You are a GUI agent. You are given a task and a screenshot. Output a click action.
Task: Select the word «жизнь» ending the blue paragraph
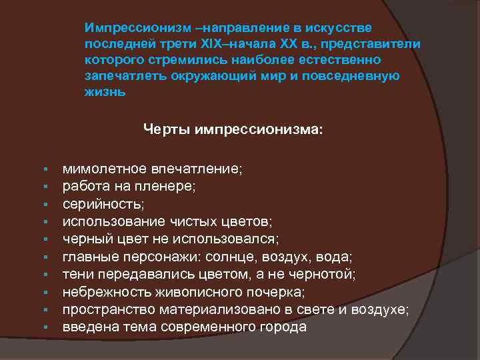(x=105, y=93)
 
